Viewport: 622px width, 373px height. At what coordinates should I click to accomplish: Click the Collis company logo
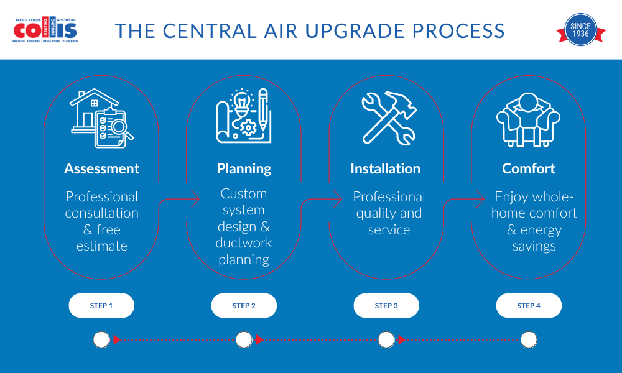click(45, 30)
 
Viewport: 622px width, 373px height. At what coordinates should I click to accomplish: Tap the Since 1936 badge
click(580, 30)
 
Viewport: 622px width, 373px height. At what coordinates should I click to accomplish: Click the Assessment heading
click(101, 168)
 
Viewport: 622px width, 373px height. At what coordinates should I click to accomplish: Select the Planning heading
click(244, 168)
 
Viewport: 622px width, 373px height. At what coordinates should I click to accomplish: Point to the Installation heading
click(385, 168)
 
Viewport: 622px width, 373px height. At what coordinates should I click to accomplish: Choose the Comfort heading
click(528, 168)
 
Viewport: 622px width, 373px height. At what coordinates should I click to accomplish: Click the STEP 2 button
click(244, 306)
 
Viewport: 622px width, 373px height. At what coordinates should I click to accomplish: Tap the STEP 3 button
click(386, 306)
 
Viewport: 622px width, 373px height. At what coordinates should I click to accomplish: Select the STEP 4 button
click(529, 306)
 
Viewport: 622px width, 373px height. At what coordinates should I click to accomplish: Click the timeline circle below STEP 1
click(101, 339)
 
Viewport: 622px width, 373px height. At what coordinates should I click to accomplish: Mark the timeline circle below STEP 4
click(529, 339)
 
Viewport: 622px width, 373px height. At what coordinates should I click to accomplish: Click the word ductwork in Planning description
click(244, 242)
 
